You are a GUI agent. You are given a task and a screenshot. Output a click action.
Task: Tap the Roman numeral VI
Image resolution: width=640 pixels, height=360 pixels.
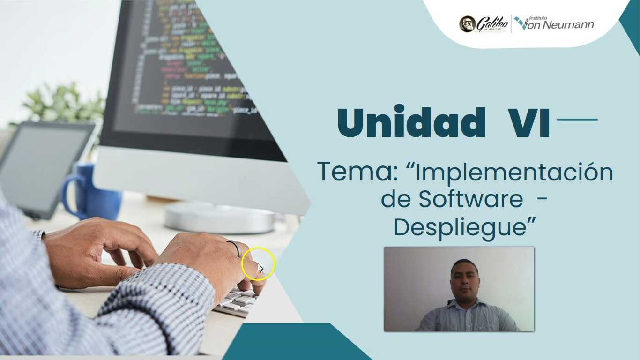coord(529,123)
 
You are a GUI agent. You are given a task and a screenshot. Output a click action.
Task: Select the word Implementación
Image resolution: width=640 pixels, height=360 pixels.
coord(514,172)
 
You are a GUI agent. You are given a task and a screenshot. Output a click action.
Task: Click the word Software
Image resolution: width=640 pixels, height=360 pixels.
coord(470,199)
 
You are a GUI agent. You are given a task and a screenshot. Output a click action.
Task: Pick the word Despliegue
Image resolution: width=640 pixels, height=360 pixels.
coord(459,227)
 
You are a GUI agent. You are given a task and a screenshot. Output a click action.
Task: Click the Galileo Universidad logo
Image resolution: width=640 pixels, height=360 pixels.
coord(483,24)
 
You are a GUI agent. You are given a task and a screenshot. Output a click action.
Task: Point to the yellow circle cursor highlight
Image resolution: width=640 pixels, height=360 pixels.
coord(258,264)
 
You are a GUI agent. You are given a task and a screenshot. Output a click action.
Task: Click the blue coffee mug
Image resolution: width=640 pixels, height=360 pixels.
coord(89,192)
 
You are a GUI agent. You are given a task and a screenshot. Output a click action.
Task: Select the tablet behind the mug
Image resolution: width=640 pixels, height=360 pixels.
coord(42,169)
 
